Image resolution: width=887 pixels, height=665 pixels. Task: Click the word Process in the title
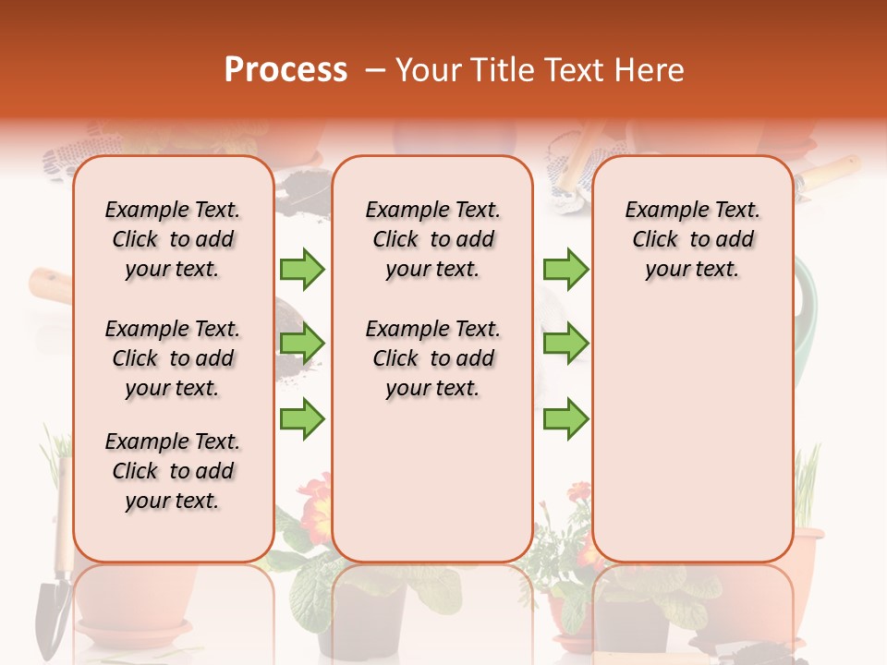[286, 70]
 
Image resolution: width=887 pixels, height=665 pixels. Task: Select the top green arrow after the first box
[302, 269]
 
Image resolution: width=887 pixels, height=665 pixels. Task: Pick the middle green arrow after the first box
[302, 344]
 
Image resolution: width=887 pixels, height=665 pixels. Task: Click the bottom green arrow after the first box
[302, 418]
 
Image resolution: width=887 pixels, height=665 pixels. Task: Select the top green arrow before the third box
[565, 269]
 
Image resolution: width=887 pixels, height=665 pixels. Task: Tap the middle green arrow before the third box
[565, 344]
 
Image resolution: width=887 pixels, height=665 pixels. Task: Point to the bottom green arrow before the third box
[565, 418]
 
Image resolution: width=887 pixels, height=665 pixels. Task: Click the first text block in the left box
[173, 239]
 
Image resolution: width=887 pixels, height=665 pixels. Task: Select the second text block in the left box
[173, 358]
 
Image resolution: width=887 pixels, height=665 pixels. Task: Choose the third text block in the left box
[173, 471]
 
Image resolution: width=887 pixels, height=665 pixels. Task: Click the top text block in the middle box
[432, 239]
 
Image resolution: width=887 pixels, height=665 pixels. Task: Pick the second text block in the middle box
[432, 358]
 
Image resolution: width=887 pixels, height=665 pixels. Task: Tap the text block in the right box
[692, 239]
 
